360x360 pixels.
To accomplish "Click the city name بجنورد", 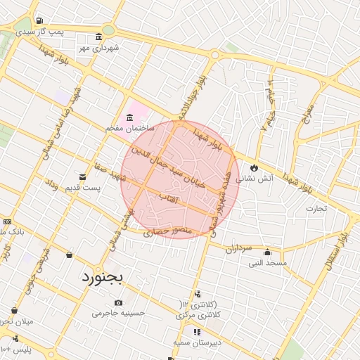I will tap(103, 276).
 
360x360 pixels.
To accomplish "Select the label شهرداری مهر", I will tap(99, 48).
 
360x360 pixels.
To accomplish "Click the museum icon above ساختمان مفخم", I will tap(129, 117).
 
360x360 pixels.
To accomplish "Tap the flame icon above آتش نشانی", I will tap(254, 168).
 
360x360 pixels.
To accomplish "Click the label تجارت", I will tap(316, 208).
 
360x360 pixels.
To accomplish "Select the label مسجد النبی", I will tap(267, 263).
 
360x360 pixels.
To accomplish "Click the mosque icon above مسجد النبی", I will tap(267, 252).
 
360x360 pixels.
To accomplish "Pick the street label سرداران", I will tap(238, 248).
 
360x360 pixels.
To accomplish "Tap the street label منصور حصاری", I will tap(167, 231).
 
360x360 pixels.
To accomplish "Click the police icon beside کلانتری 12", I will tap(198, 294).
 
